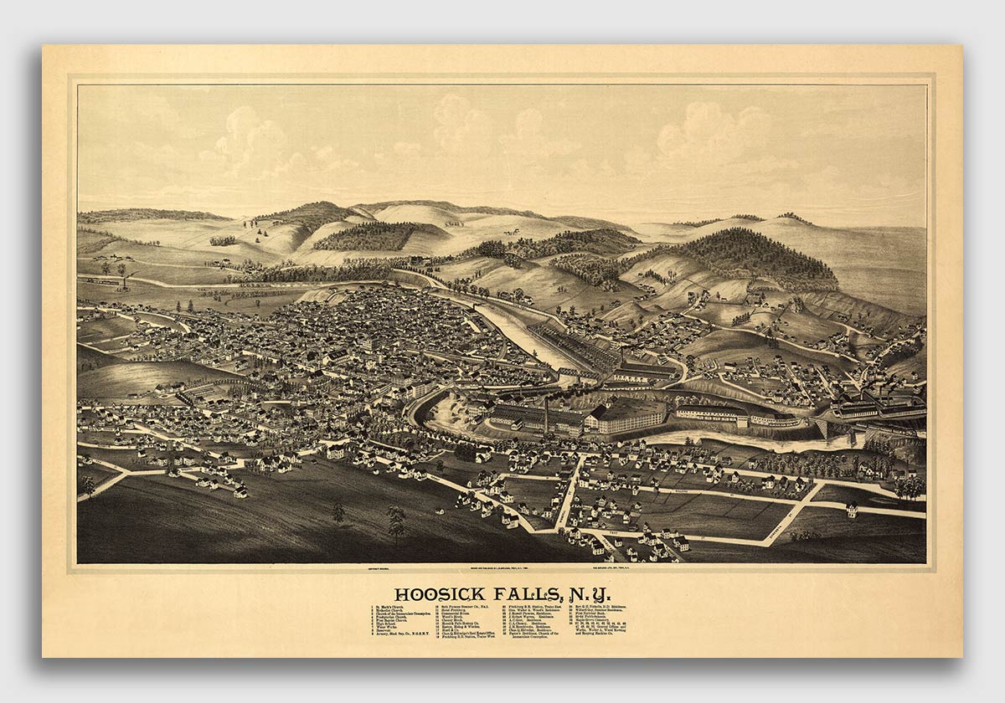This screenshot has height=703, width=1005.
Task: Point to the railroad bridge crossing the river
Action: click(825, 428)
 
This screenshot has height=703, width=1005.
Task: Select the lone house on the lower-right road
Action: click(852, 508)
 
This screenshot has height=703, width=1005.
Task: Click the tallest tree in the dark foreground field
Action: click(396, 521)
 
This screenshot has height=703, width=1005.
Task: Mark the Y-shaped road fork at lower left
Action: click(126, 475)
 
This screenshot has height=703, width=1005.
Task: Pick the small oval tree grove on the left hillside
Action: click(223, 240)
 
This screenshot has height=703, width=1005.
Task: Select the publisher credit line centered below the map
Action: click(502, 568)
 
